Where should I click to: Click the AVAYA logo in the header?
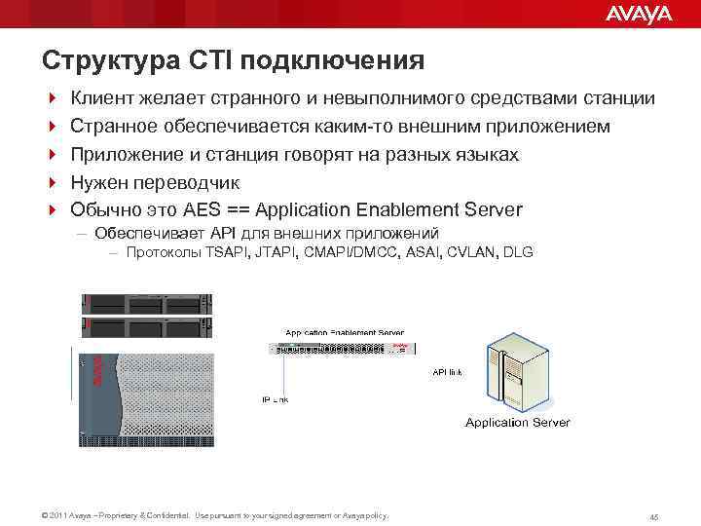point(639,14)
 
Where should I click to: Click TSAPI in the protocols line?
point(228,252)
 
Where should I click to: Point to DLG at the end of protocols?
point(519,252)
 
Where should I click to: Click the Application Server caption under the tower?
point(517,423)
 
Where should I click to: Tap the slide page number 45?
point(654,516)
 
